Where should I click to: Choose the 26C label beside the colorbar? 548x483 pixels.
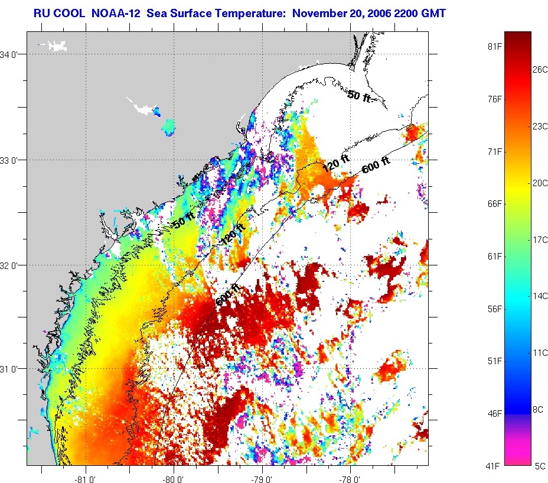(540, 69)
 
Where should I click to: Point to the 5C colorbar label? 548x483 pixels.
(540, 466)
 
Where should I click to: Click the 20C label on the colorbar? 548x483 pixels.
(540, 183)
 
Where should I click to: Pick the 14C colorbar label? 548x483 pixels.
(540, 296)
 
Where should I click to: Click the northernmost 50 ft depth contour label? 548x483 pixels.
(359, 95)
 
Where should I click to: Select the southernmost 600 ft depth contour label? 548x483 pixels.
(228, 295)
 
